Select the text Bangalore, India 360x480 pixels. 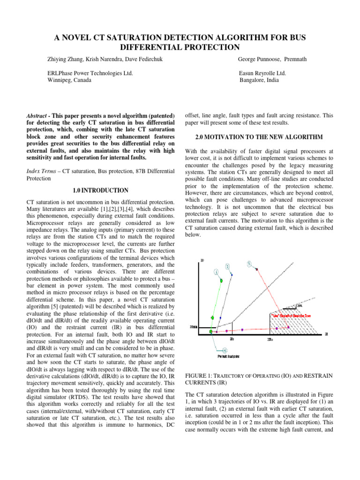click(259, 80)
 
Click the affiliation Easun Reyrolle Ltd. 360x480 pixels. click(262, 73)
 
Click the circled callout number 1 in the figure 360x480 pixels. click(216, 271)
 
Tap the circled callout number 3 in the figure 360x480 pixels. click(249, 263)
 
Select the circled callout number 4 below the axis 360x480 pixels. click(225, 350)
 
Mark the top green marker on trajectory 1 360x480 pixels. click(220, 281)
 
